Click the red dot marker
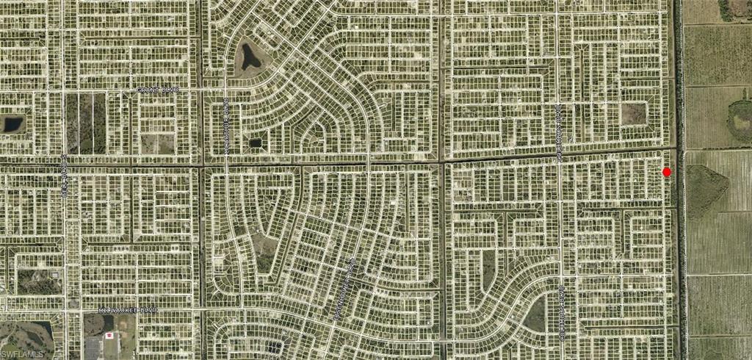[x=667, y=172]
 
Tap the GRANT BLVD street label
[x=159, y=90]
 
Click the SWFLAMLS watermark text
[x=22, y=353]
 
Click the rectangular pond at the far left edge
[x=13, y=123]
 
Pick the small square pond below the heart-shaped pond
[x=256, y=142]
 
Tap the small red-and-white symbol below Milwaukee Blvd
[x=110, y=336]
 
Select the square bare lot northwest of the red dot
[x=632, y=113]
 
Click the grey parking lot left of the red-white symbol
[x=93, y=348]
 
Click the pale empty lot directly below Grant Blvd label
[x=158, y=143]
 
